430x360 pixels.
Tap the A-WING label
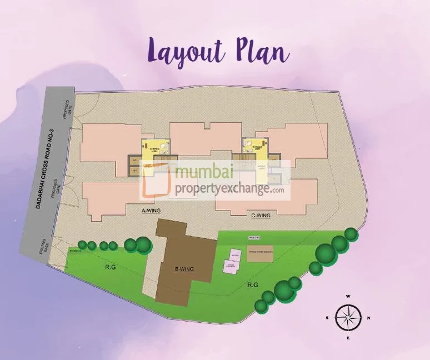tap(152, 211)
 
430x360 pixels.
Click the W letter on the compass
tap(348, 297)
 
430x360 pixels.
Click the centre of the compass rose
tap(348, 318)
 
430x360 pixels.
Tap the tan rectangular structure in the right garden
tap(261, 253)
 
